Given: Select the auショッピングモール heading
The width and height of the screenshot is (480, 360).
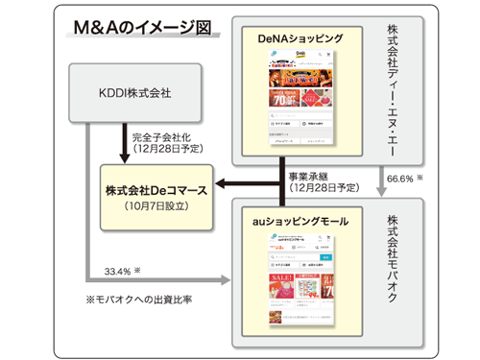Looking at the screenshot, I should pyautogui.click(x=304, y=222).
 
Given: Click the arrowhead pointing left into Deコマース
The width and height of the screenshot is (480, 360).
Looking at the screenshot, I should pyautogui.click(x=219, y=185).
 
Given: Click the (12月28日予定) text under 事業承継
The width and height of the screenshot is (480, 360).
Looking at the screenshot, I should pyautogui.click(x=324, y=189).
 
